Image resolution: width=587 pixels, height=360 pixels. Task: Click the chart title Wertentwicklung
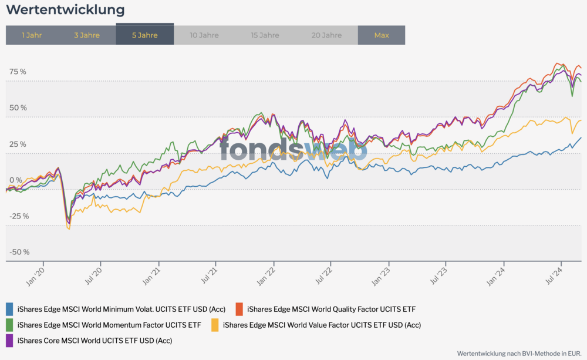(65, 10)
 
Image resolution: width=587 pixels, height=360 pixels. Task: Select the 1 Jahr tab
(32, 35)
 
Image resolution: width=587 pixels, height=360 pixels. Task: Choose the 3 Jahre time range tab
(87, 35)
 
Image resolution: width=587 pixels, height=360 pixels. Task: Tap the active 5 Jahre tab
(144, 35)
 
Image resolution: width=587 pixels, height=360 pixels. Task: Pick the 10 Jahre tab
(204, 35)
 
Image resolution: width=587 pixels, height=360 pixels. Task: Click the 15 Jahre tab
(265, 35)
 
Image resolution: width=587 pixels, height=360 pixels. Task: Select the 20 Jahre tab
(326, 35)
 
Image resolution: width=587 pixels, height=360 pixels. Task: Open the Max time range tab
(382, 35)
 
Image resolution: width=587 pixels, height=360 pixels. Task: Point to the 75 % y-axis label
(18, 72)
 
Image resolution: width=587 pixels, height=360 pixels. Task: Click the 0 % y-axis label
(15, 180)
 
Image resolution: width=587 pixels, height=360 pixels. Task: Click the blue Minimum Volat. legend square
(9, 309)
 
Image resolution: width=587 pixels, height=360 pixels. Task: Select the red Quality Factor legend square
(239, 309)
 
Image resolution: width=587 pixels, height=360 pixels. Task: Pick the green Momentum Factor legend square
(9, 325)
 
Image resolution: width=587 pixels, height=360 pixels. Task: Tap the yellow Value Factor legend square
(215, 325)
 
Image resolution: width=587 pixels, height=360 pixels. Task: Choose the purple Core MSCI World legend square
(9, 341)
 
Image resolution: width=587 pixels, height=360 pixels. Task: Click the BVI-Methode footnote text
(519, 354)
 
